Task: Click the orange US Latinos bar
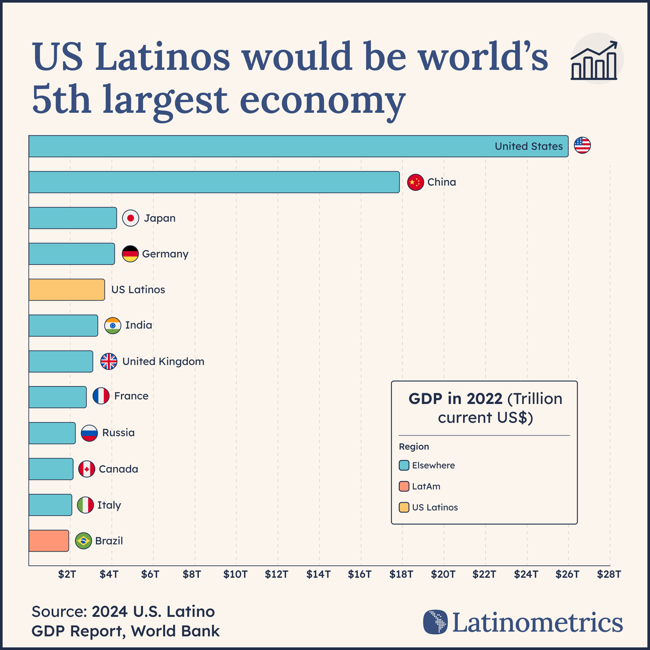[67, 290]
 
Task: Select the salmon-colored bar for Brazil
[49, 541]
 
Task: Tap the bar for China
[214, 182]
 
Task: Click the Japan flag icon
[131, 218]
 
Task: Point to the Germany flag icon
[130, 254]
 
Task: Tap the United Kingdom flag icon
[109, 361]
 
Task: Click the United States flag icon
[582, 146]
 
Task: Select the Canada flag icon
[87, 469]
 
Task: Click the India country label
[139, 325]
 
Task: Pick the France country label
[131, 396]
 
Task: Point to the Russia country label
[118, 433]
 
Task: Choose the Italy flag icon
[85, 505]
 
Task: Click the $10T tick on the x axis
[235, 574]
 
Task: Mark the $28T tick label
[609, 574]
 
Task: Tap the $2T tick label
[67, 574]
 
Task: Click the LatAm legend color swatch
[404, 486]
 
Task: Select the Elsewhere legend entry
[433, 465]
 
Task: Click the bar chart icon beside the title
[594, 61]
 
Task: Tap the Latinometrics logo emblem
[435, 622]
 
